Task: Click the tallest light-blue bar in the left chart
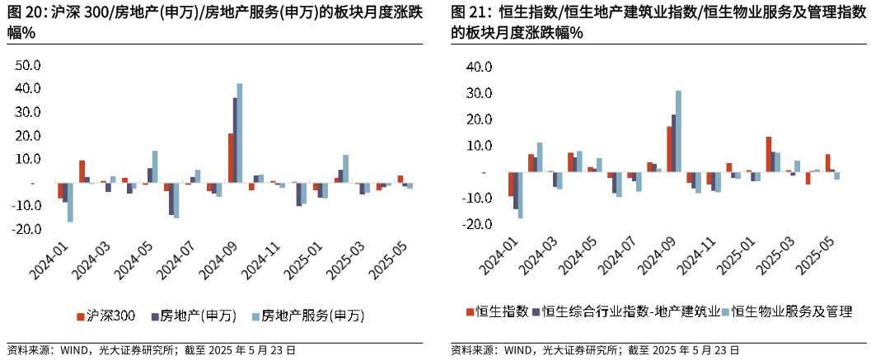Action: (x=240, y=133)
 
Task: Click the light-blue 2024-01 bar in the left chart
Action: (x=70, y=202)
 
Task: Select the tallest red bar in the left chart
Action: (x=231, y=157)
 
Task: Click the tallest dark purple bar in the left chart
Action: (x=235, y=140)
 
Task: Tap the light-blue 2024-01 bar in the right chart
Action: (x=520, y=195)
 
